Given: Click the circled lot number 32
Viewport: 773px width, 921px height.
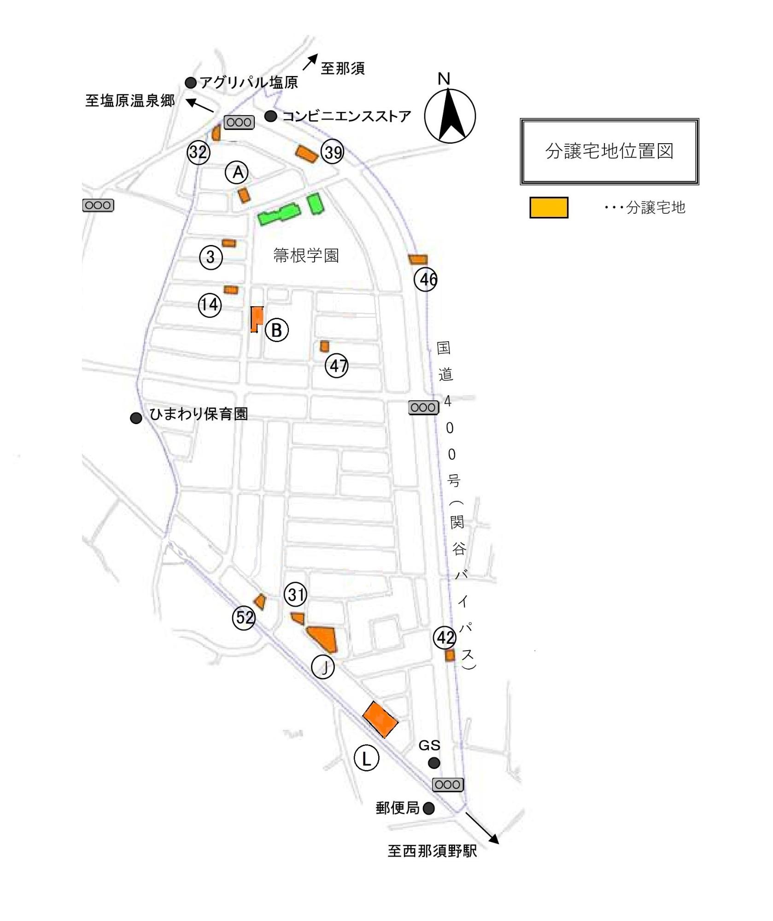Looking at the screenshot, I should (199, 152).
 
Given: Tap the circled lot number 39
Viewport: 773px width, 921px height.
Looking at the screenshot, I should (333, 152).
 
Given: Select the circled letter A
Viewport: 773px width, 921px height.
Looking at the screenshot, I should (237, 172).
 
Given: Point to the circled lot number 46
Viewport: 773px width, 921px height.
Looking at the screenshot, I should (426, 279).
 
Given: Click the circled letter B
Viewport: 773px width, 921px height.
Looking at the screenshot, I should (277, 330).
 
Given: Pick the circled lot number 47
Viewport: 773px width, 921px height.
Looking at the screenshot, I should (337, 366).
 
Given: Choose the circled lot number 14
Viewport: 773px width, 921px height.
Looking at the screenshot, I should (210, 304).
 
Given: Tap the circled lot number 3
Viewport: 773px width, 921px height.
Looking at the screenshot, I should (211, 257).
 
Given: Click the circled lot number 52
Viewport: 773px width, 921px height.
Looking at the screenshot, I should (244, 617).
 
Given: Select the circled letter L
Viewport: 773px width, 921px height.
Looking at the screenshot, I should (366, 758).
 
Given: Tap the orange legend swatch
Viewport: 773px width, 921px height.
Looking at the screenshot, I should (549, 207).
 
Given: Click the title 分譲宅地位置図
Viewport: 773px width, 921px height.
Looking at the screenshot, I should (609, 151).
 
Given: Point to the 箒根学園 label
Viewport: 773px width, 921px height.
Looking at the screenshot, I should (306, 256).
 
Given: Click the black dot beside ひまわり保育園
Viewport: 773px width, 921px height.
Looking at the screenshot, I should (136, 418).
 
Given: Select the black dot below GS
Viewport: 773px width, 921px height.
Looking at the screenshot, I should (434, 763).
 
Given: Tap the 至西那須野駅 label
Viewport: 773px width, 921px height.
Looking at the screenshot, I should (432, 851).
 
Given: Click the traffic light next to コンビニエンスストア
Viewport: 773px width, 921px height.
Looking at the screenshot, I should (239, 122).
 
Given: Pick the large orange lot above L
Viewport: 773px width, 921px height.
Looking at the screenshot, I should (380, 720).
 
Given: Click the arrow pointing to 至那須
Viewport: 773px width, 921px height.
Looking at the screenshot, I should (310, 62).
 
